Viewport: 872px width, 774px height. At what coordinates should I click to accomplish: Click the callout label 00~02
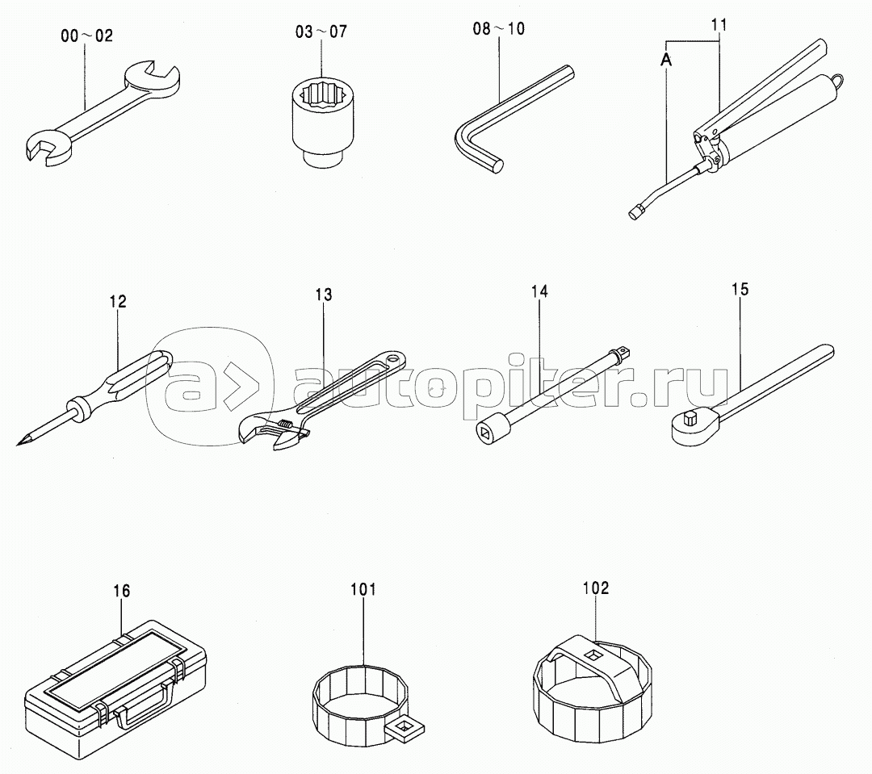pyautogui.click(x=86, y=36)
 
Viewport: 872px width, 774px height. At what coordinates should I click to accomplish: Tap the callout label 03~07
pyautogui.click(x=321, y=31)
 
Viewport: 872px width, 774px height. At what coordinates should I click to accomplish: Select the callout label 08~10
pyautogui.click(x=498, y=28)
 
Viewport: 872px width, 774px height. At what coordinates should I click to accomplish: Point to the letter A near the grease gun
pyautogui.click(x=666, y=60)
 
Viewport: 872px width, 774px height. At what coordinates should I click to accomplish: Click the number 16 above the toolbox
pyautogui.click(x=122, y=591)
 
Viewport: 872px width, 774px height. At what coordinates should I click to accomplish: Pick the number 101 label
pyautogui.click(x=363, y=589)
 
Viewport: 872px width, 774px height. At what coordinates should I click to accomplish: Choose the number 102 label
pyautogui.click(x=596, y=588)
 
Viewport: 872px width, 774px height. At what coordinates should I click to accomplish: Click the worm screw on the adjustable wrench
pyautogui.click(x=285, y=425)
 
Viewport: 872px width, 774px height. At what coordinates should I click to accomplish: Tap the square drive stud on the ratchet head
pyautogui.click(x=689, y=416)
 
